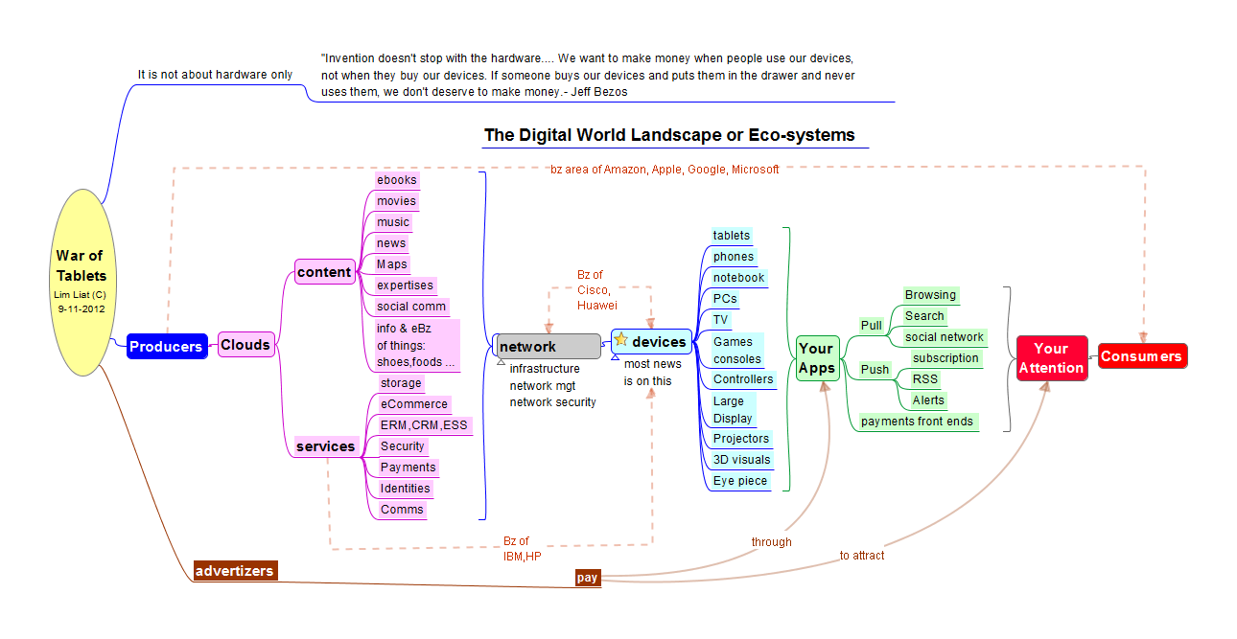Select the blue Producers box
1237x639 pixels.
point(166,347)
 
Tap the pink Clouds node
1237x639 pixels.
point(246,345)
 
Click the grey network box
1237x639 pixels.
point(548,346)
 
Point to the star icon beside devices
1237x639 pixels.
point(621,339)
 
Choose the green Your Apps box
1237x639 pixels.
point(817,358)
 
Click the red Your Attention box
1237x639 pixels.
point(1051,358)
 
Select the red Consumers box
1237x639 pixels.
point(1141,356)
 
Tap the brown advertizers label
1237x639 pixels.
point(235,571)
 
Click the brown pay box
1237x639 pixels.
point(588,578)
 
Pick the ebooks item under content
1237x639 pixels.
point(397,180)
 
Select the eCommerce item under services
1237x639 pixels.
point(413,404)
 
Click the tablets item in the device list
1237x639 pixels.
point(732,236)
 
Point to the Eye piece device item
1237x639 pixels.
point(740,481)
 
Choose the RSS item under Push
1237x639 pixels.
point(925,379)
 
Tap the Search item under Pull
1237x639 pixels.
point(924,316)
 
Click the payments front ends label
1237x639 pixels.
point(917,422)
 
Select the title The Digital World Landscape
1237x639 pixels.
point(669,135)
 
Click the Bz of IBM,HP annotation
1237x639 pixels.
point(523,549)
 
